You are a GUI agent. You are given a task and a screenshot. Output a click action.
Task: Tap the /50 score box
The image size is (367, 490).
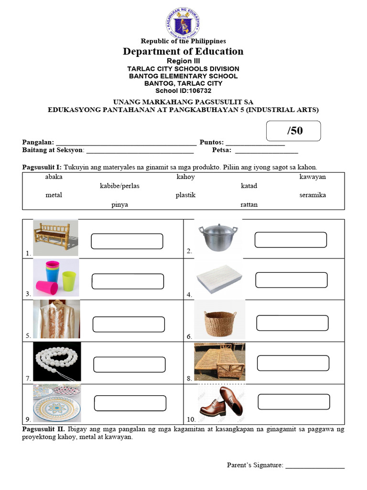pos(293,131)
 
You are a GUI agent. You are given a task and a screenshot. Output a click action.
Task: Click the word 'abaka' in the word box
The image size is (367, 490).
pos(54,177)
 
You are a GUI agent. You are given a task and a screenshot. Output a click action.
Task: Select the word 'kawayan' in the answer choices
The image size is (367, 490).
pos(313,177)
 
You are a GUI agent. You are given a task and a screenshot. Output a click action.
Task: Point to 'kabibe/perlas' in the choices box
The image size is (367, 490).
pos(119,186)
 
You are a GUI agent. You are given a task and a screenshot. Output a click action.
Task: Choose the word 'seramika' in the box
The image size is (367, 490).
pos(313,195)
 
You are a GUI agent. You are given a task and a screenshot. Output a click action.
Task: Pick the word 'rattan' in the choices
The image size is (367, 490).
pos(249,204)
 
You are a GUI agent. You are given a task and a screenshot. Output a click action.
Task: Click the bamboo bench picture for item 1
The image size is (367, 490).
pos(55,237)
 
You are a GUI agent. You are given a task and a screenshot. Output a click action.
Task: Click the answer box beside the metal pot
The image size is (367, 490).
pos(291,240)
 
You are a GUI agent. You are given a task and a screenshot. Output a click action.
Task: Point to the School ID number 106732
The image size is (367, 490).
pos(197,90)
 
